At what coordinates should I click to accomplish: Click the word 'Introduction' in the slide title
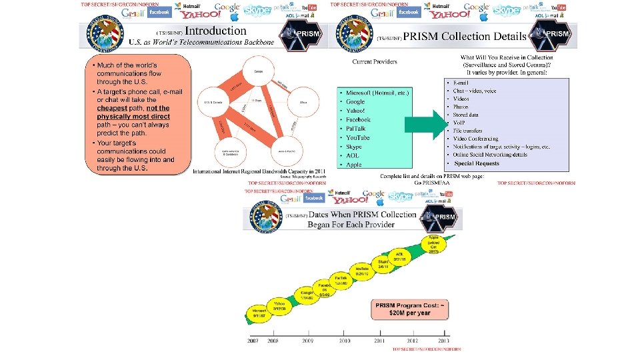pyautogui.click(x=215, y=31)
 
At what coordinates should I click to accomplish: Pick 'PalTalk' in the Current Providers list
pyautogui.click(x=358, y=129)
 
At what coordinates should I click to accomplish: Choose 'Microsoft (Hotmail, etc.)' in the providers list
pyautogui.click(x=377, y=93)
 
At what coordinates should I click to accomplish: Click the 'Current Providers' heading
pyautogui.click(x=375, y=62)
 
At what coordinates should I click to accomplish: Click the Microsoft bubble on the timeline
pyautogui.click(x=259, y=311)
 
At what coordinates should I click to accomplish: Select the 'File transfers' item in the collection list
pyautogui.click(x=467, y=131)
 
